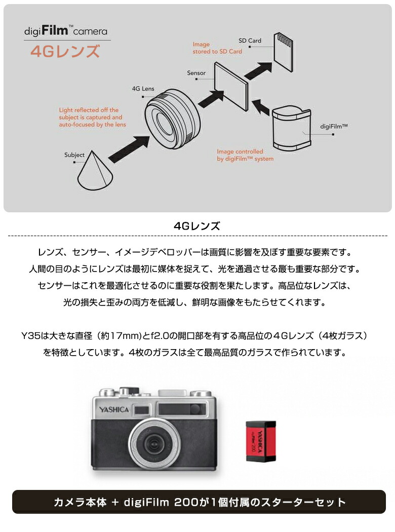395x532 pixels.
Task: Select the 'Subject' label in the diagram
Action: click(x=74, y=155)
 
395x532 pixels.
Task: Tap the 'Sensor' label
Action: click(x=196, y=73)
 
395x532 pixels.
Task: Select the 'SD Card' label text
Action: click(x=250, y=41)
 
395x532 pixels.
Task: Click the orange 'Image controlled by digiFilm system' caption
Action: click(x=245, y=155)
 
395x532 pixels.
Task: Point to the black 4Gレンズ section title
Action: click(x=197, y=226)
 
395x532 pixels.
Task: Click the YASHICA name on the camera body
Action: click(x=114, y=409)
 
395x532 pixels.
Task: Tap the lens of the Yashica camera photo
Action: click(x=152, y=444)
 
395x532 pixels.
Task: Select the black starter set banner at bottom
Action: click(x=199, y=502)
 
